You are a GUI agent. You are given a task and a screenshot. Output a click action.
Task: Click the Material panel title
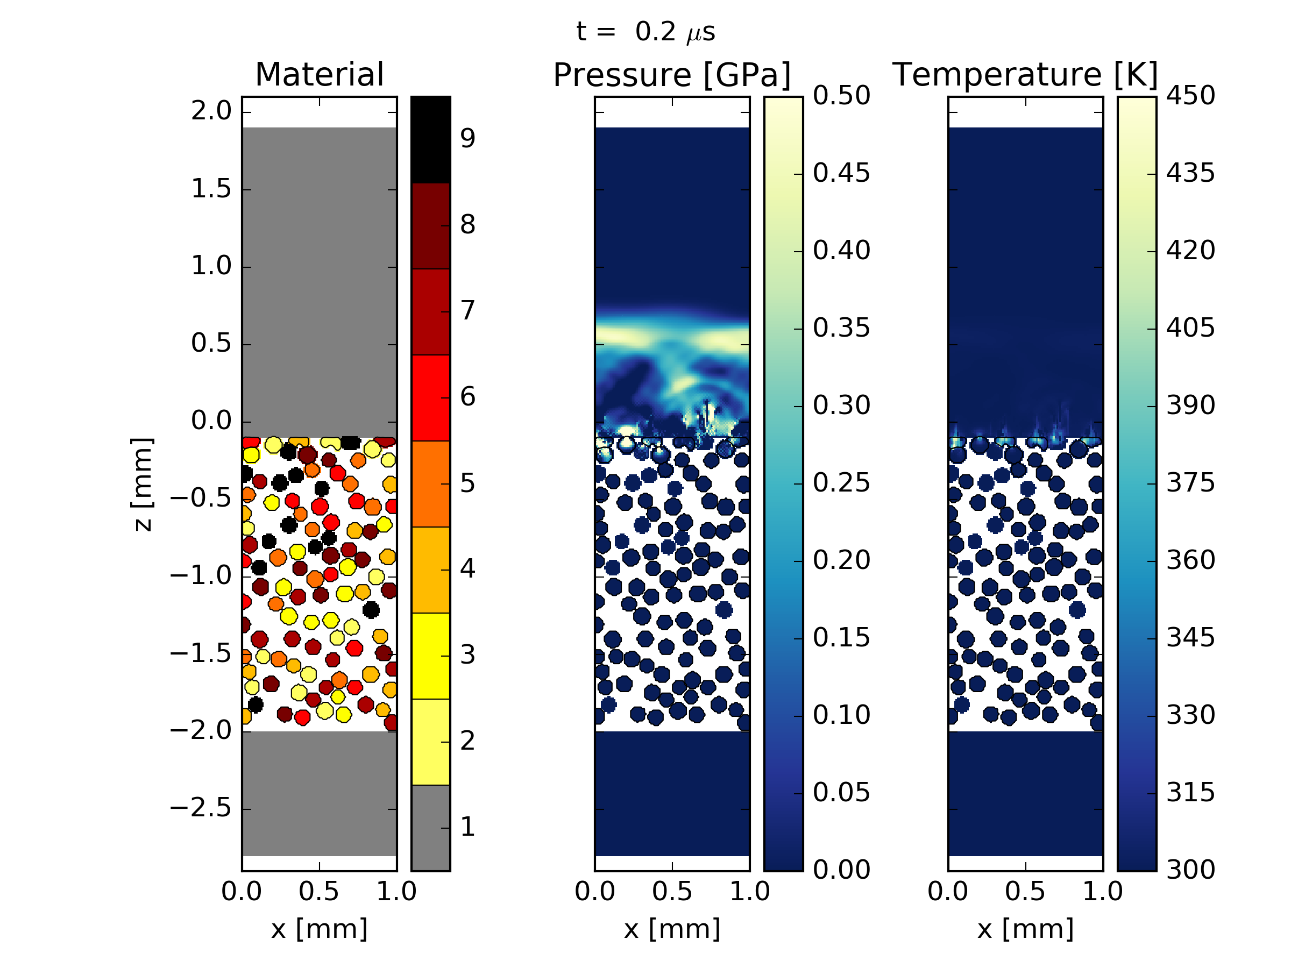tap(319, 75)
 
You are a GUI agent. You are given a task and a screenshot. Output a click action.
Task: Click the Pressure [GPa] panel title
tap(672, 75)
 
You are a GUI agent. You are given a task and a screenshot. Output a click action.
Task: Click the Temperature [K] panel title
tap(1025, 75)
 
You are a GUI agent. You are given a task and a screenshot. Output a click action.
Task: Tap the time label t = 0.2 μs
tap(645, 32)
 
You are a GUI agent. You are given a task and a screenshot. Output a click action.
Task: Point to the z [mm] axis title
tap(143, 485)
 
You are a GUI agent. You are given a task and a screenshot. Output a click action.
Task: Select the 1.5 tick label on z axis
tap(211, 189)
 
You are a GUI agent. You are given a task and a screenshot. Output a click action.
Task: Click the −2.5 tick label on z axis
tap(201, 808)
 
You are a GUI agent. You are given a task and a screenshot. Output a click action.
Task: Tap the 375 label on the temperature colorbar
tap(1190, 483)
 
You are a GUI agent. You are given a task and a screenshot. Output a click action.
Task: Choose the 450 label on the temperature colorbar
tap(1190, 96)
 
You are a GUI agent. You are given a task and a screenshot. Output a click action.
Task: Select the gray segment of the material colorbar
tap(431, 828)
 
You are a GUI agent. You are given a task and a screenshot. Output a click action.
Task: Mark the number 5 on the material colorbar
tap(467, 483)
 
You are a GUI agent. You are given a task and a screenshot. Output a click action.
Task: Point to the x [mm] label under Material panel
tap(319, 929)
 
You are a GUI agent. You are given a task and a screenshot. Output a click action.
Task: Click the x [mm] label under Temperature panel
tap(1025, 929)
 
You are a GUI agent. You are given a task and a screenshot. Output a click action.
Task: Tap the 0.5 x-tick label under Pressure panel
tap(672, 892)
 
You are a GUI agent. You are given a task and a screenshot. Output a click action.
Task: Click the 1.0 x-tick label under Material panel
tap(396, 892)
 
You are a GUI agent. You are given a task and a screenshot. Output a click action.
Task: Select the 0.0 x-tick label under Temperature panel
tap(948, 892)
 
